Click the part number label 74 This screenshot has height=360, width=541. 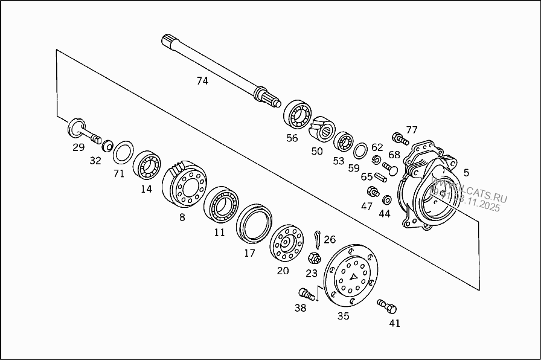tap(202, 80)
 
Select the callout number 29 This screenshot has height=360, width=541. tap(78, 147)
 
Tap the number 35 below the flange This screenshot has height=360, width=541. tap(343, 316)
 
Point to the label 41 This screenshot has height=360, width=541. tap(394, 323)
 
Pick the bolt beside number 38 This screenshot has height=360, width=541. tap(307, 294)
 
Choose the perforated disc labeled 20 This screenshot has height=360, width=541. tap(286, 243)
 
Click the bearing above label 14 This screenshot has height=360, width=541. tap(147, 164)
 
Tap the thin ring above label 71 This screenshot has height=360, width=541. tap(123, 152)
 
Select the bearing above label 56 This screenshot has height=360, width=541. tap(298, 114)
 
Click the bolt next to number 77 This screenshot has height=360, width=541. tap(397, 138)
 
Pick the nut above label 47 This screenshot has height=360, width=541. tap(372, 192)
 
